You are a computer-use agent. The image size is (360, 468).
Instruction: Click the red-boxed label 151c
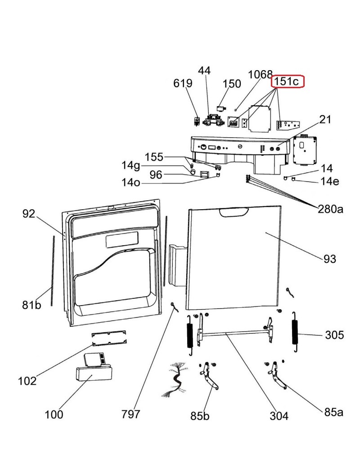tap(287, 81)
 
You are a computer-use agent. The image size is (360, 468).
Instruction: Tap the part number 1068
tap(260, 74)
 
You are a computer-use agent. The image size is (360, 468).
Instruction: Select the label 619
tap(183, 83)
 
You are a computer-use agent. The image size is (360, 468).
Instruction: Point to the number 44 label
tap(204, 71)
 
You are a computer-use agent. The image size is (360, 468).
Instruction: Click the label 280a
tap(330, 209)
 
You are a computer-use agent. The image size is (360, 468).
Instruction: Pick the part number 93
tap(330, 259)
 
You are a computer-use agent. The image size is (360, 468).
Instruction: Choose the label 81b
tap(31, 305)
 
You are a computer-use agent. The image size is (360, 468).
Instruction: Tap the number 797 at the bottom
tap(130, 414)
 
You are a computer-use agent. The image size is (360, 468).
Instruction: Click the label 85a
tap(334, 412)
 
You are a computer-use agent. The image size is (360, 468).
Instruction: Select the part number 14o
tap(130, 182)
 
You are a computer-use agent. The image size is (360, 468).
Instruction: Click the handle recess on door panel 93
tap(234, 212)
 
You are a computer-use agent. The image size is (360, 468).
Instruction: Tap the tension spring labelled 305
tap(295, 332)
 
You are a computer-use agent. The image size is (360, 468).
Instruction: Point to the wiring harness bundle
tap(175, 379)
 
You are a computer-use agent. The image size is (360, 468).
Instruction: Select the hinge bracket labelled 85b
tap(209, 376)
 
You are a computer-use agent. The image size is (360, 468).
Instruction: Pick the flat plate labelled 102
tap(109, 338)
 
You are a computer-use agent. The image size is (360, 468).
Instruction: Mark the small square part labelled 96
tap(204, 174)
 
